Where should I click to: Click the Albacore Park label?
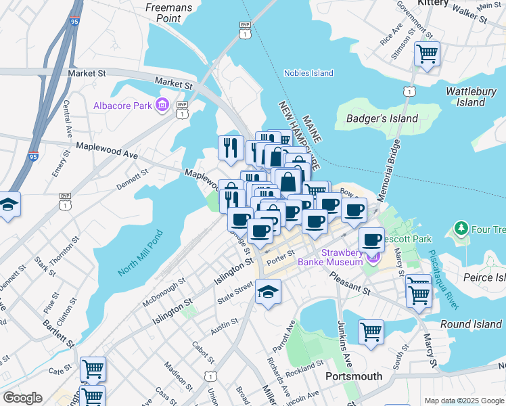[122, 106]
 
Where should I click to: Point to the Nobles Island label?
[308, 73]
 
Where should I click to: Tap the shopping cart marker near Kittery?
[427, 53]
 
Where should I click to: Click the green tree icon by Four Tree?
[461, 229]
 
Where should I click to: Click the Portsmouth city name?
[354, 376]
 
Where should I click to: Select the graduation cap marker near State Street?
[268, 292]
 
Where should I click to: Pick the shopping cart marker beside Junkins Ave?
[371, 332]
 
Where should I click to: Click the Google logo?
[22, 398]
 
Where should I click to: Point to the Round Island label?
[471, 324]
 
